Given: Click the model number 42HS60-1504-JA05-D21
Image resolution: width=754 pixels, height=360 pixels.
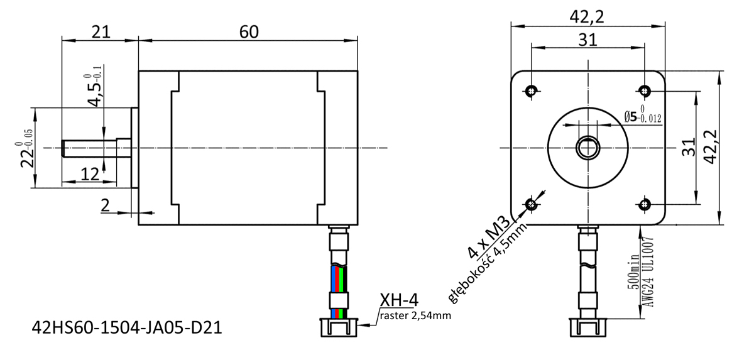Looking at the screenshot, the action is pyautogui.click(x=127, y=327).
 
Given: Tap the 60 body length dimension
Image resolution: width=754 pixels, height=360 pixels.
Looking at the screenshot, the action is pyautogui.click(x=249, y=32).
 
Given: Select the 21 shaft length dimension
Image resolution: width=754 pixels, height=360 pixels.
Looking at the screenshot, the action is pyautogui.click(x=101, y=32).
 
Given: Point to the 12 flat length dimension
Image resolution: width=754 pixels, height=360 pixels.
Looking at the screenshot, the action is pyautogui.click(x=90, y=174).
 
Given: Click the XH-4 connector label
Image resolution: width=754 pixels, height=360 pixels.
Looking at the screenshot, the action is pyautogui.click(x=399, y=300).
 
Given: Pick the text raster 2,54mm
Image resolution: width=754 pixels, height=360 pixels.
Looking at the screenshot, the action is pyautogui.click(x=415, y=315).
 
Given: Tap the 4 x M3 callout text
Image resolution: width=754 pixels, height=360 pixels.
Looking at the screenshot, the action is pyautogui.click(x=489, y=237).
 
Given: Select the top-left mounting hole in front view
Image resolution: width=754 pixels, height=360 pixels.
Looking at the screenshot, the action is pyautogui.click(x=532, y=91).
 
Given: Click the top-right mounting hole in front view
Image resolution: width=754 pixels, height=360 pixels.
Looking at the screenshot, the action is pyautogui.click(x=645, y=91).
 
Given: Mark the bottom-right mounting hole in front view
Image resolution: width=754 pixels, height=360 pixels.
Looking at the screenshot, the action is pyautogui.click(x=645, y=204).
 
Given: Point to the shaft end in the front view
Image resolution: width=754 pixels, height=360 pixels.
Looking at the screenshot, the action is pyautogui.click(x=588, y=148).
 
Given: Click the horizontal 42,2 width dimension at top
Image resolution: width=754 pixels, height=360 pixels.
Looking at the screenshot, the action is pyautogui.click(x=587, y=17).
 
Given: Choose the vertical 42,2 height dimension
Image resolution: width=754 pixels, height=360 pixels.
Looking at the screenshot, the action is pyautogui.click(x=711, y=147).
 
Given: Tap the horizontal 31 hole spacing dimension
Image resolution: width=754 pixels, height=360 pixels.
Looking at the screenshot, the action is pyautogui.click(x=587, y=40).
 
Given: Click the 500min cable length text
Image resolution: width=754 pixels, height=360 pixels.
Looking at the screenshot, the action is pyautogui.click(x=633, y=271).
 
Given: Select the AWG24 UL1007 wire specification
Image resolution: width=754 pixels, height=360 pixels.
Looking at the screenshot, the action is pyautogui.click(x=648, y=271).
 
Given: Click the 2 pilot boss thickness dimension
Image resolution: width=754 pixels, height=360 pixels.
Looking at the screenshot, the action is pyautogui.click(x=106, y=205).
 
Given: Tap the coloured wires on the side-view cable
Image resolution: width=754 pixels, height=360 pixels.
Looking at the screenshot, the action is pyautogui.click(x=339, y=279).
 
